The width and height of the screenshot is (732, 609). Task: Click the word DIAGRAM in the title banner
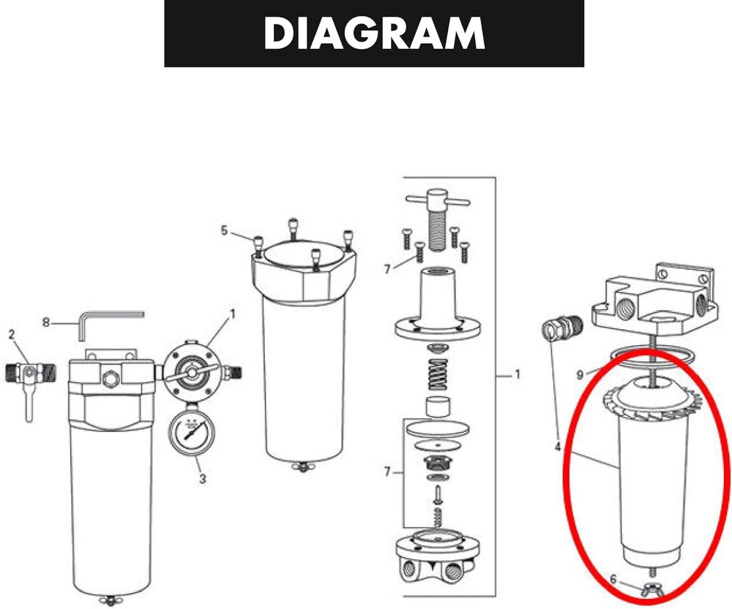pyautogui.click(x=374, y=33)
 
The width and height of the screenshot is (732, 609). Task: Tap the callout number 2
pyautogui.click(x=12, y=334)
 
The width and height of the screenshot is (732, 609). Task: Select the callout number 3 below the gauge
pyautogui.click(x=203, y=480)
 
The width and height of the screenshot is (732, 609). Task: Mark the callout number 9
pyautogui.click(x=579, y=374)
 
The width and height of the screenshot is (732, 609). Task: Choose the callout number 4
pyautogui.click(x=559, y=444)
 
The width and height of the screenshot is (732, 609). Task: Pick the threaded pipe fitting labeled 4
pyautogui.click(x=560, y=330)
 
